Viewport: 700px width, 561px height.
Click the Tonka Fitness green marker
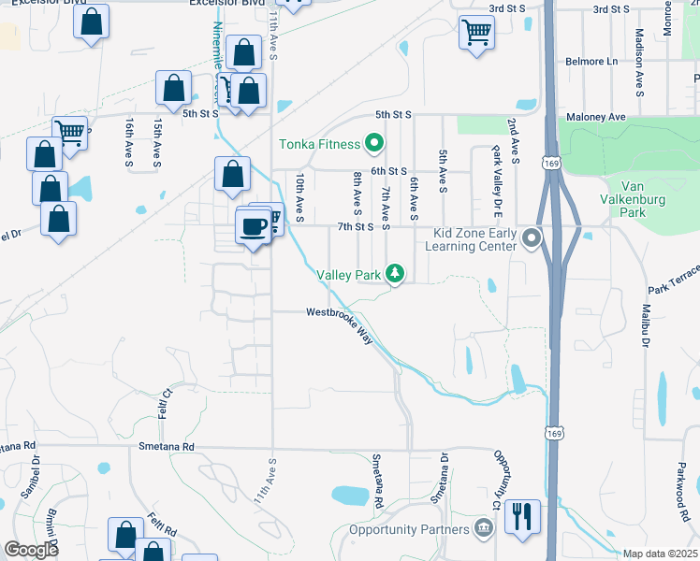[374, 144]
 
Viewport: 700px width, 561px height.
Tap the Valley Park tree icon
[396, 274]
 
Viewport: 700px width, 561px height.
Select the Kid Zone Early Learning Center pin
[532, 238]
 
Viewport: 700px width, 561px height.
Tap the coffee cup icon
[253, 226]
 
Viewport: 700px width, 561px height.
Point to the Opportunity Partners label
[408, 530]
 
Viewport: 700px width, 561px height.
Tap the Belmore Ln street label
[591, 62]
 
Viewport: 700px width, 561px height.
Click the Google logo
[31, 550]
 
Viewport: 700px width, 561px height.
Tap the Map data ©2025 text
[660, 554]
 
